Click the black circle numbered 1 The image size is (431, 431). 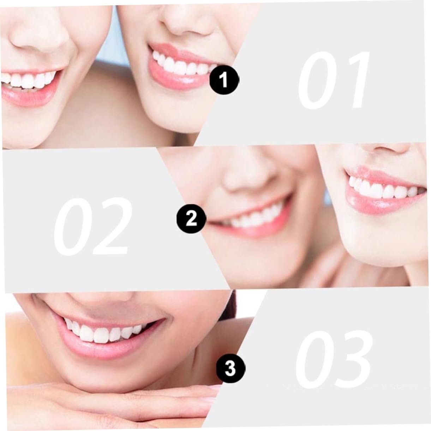point(224,80)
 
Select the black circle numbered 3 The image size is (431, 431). point(231,369)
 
